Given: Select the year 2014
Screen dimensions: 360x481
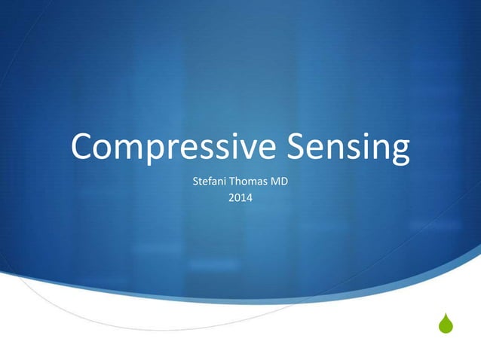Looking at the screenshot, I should click(240, 199).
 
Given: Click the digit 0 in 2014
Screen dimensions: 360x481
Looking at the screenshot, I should click(237, 199).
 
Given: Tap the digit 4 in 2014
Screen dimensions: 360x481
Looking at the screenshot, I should click(250, 199).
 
